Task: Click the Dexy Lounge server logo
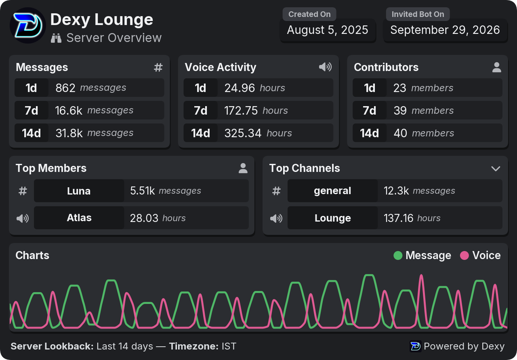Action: (x=28, y=25)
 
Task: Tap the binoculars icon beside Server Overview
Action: (x=56, y=38)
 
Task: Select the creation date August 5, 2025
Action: (x=328, y=30)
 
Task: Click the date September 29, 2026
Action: (x=445, y=30)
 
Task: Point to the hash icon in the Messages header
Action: (x=158, y=67)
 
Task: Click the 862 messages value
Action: (x=91, y=88)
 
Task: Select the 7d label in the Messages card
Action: (x=32, y=111)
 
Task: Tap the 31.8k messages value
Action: (x=95, y=133)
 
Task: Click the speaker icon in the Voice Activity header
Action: (x=326, y=67)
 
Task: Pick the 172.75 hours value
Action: (x=256, y=111)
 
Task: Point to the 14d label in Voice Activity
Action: (x=201, y=133)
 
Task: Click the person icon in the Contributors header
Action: (x=497, y=67)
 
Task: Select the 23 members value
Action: (x=423, y=88)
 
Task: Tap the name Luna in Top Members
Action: (x=79, y=191)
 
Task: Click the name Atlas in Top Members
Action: (x=79, y=218)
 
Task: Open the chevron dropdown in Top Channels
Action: (x=496, y=169)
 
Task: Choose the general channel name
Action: (x=332, y=191)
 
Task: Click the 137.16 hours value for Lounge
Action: (x=412, y=218)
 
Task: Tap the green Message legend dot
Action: (x=398, y=255)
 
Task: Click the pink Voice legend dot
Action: (x=464, y=255)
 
